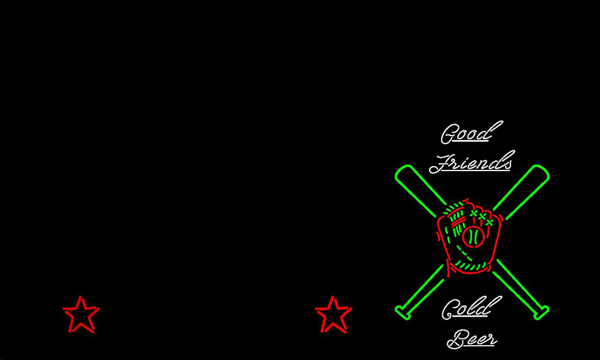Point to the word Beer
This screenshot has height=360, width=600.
coord(472,338)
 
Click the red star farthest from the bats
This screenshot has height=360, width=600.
coord(81,314)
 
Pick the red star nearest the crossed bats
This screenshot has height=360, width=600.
coord(333,314)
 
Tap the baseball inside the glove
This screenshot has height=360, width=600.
coord(473,237)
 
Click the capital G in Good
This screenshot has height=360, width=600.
coord(448,134)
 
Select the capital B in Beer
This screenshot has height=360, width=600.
coord(456,339)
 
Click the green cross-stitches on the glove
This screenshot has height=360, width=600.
coord(481,217)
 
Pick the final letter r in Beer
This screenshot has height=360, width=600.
coord(493,340)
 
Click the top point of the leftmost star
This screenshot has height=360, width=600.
coord(80,296)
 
